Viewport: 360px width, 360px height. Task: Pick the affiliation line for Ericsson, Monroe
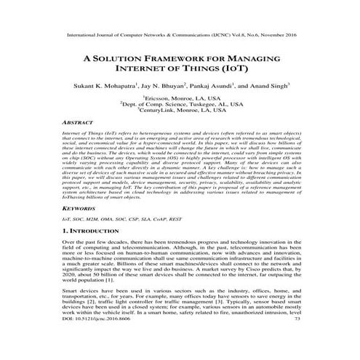click(x=180, y=97)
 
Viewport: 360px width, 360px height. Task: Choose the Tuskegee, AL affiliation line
click(x=180, y=104)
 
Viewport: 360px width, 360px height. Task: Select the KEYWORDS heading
click(x=80, y=207)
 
